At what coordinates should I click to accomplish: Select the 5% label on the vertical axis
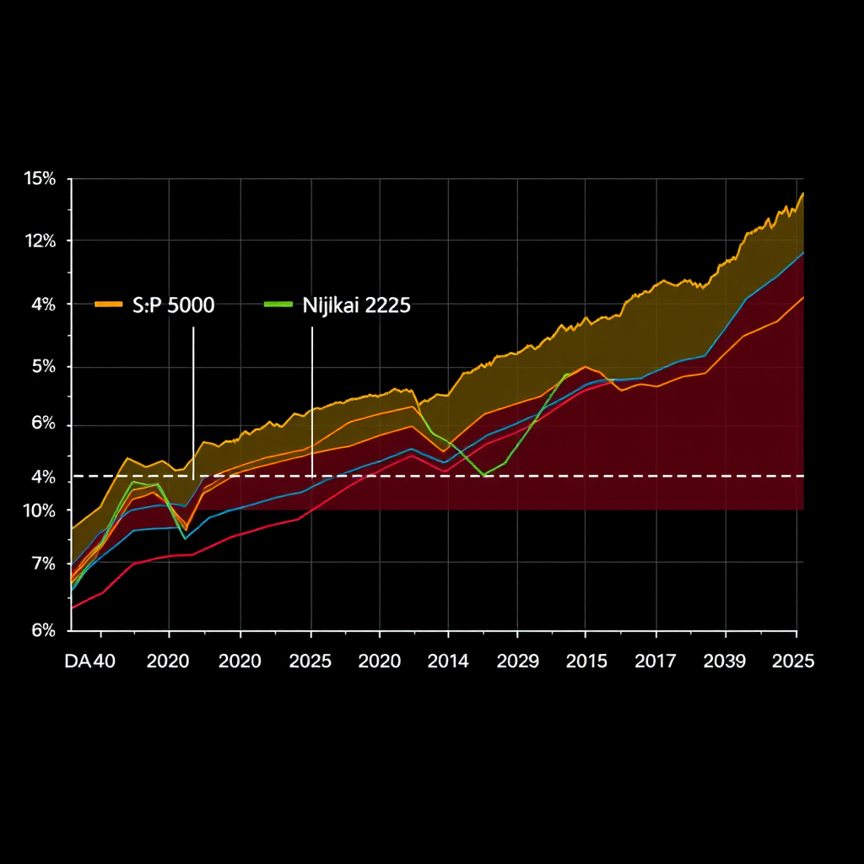point(43,367)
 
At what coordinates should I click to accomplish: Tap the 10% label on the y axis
point(40,510)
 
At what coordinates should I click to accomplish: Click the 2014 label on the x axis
point(448,661)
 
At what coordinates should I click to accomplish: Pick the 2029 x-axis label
point(517,661)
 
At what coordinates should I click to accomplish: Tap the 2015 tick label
point(586,661)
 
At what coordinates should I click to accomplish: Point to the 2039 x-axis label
point(725,661)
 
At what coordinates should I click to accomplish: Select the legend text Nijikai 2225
point(356,305)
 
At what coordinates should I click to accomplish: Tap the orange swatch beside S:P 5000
point(109,304)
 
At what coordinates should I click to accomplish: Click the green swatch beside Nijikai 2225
point(278,304)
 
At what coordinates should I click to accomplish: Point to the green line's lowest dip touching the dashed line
point(484,475)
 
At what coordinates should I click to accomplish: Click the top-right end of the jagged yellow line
point(802,193)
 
